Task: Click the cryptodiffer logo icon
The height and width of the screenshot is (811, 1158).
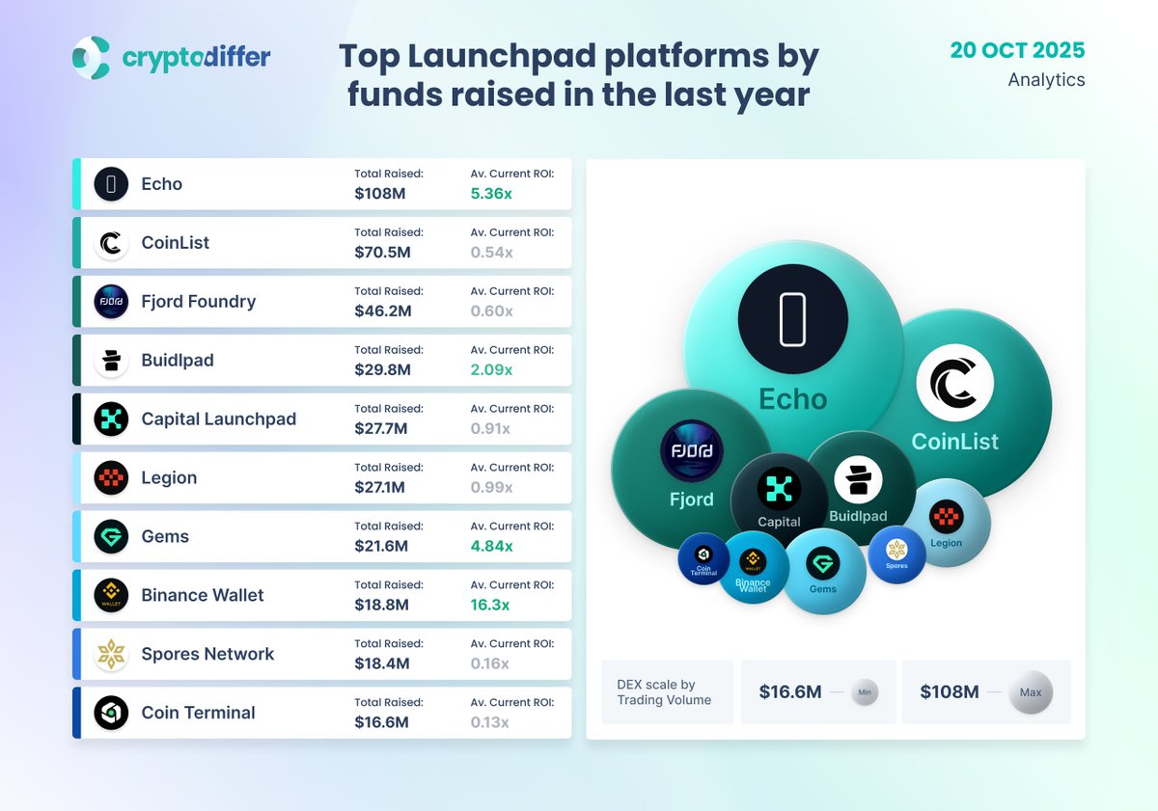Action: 92,58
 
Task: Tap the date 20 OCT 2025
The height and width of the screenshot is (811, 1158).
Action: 1017,50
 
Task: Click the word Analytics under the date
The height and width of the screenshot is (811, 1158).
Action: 1046,80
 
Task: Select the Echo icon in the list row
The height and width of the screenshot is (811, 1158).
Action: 111,184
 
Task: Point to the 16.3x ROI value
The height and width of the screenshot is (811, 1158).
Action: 490,605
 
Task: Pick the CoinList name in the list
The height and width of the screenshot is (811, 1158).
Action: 175,243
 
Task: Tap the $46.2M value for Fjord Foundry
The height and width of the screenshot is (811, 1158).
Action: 382,311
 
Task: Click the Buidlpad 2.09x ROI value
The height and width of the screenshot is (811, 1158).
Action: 491,369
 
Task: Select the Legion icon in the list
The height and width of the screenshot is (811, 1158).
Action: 111,478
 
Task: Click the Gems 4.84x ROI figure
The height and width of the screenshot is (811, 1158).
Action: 491,546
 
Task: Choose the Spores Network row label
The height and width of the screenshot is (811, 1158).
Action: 207,654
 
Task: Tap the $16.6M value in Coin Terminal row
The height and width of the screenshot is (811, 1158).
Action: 381,722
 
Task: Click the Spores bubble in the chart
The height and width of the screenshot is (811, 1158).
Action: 896,554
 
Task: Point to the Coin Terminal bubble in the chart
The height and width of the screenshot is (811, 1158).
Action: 703,559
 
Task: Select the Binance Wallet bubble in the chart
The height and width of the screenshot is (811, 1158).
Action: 753,568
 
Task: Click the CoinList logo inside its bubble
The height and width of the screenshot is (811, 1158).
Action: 954,383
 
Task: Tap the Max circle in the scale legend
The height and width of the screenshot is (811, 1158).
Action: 1031,692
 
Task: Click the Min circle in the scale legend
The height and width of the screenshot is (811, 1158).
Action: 865,692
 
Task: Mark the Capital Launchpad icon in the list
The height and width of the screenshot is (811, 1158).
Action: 111,419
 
